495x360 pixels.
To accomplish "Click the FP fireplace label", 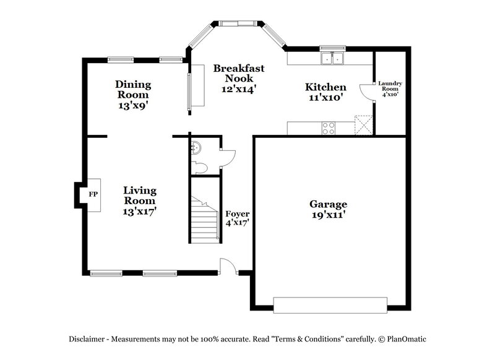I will click(93, 194).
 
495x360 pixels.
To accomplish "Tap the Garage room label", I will click(327, 204).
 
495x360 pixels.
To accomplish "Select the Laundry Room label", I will click(390, 88).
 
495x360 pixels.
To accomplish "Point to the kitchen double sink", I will click(333, 59).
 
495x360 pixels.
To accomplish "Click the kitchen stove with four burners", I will click(329, 128).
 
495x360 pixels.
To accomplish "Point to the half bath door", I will click(227, 158).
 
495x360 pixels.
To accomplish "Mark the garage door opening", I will click(330, 304).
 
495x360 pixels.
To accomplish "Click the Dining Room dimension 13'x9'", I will click(132, 105).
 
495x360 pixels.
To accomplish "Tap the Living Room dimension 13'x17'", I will click(139, 211).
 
